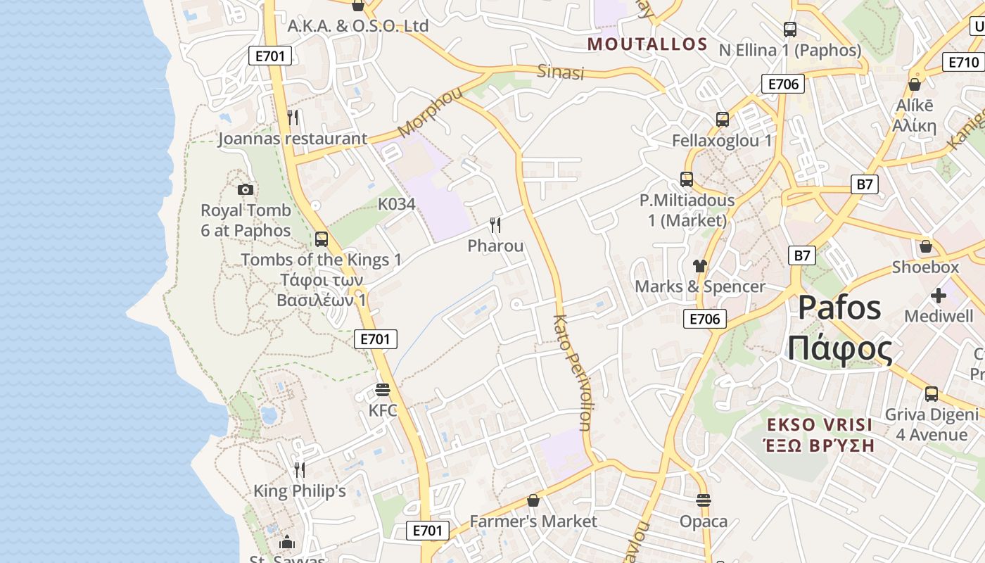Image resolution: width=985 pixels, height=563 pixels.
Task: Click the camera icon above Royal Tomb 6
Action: (x=246, y=189)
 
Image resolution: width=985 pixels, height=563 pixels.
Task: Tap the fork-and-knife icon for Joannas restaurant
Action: (x=293, y=118)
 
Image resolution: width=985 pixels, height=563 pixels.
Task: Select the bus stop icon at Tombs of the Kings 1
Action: (x=322, y=239)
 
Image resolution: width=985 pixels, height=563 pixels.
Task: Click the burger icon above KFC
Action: (x=383, y=389)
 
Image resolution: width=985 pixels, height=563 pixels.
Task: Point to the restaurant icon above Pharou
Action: (x=496, y=225)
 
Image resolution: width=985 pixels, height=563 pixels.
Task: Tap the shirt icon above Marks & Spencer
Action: (x=699, y=265)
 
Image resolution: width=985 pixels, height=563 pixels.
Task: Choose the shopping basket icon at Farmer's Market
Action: (x=533, y=500)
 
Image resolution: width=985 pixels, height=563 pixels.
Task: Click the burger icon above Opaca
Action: (x=704, y=500)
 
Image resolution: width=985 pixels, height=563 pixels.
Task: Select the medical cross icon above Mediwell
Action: (x=939, y=296)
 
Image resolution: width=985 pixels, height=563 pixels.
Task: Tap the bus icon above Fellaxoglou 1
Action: (x=723, y=120)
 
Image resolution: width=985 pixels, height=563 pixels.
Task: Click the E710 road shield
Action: (x=963, y=62)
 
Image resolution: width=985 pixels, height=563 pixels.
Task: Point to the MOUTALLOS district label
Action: (x=647, y=44)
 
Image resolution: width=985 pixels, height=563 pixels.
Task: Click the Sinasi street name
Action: (x=561, y=72)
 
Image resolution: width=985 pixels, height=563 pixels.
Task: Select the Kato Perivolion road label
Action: (x=571, y=372)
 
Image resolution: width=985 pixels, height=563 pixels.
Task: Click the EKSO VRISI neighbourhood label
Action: (x=820, y=424)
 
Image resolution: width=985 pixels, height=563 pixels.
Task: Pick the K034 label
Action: (x=397, y=204)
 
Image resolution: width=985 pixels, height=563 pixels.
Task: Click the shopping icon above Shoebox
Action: (x=926, y=246)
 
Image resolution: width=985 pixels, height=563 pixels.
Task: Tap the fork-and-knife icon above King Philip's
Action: (x=300, y=469)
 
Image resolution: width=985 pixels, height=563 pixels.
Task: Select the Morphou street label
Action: (x=431, y=112)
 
